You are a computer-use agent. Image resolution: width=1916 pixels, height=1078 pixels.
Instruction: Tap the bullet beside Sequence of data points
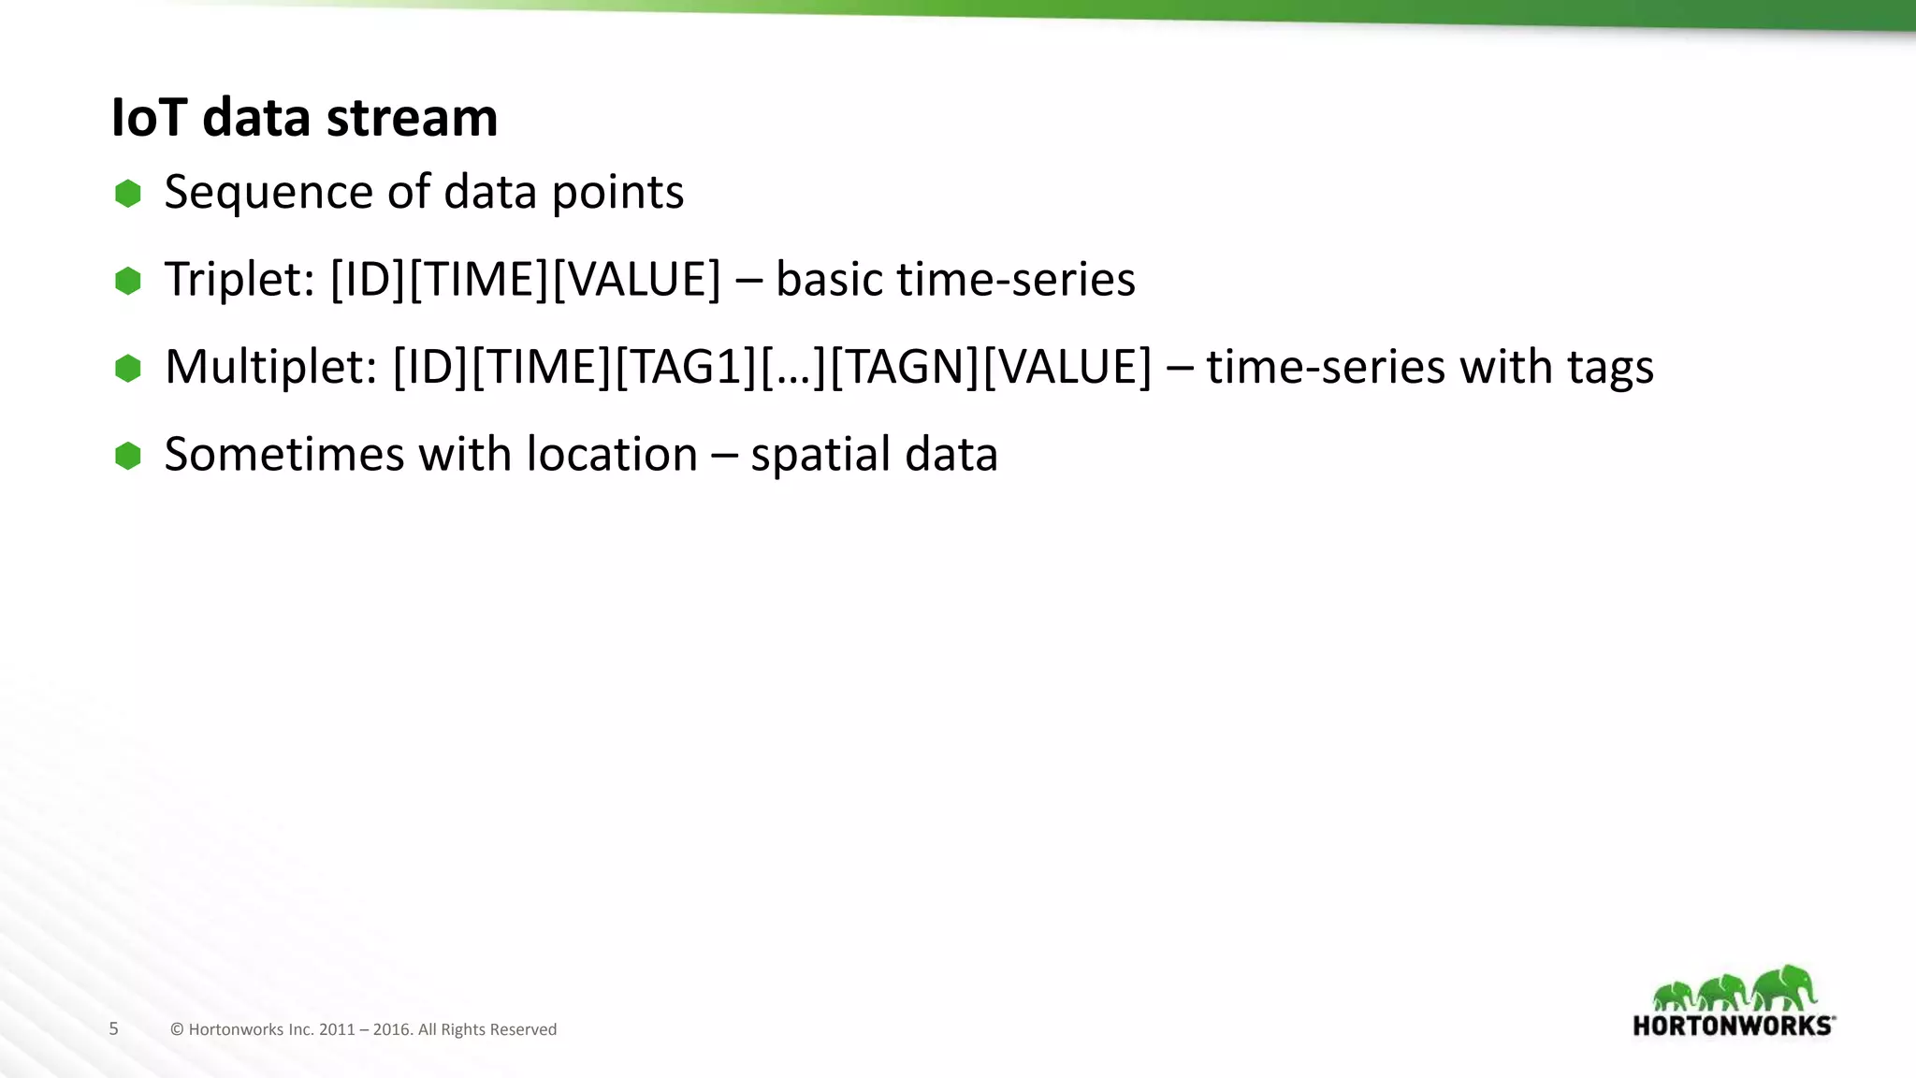[x=128, y=194]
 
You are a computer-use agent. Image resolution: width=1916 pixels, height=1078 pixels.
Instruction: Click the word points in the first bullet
[x=617, y=193]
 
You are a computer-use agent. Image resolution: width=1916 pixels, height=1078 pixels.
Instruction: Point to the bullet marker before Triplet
[x=128, y=281]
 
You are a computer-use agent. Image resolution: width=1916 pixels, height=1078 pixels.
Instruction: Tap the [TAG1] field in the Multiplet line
[x=685, y=367]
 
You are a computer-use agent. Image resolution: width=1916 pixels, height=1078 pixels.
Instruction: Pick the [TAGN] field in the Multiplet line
[x=904, y=367]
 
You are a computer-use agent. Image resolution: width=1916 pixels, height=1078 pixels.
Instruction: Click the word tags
[x=1610, y=367]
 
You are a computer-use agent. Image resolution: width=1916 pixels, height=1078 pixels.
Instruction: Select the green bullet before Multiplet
[x=128, y=368]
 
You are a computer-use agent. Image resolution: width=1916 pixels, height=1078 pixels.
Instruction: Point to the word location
[x=612, y=455]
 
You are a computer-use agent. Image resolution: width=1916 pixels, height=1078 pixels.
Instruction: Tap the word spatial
[x=820, y=455]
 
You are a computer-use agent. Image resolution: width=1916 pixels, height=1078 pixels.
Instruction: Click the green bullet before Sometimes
[x=128, y=456]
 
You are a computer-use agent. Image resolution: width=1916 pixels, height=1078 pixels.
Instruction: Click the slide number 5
[x=113, y=1028]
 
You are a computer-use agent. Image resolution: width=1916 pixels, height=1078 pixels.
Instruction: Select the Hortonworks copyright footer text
[x=363, y=1029]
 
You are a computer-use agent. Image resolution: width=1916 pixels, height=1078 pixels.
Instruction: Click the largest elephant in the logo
[x=1784, y=988]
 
